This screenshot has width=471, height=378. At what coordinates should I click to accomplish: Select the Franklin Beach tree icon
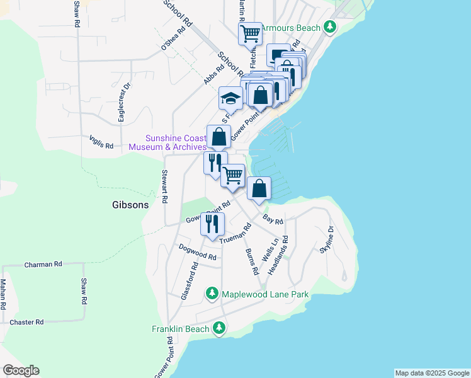[219, 328]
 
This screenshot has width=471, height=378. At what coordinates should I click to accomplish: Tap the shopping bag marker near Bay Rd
[259, 188]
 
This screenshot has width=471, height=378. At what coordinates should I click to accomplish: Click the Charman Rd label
[43, 265]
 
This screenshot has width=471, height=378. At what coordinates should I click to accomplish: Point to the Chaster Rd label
[26, 322]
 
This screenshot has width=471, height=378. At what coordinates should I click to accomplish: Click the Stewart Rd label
[164, 186]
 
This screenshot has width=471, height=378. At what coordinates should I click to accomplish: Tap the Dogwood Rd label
[198, 252]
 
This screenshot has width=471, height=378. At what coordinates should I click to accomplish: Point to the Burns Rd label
[253, 261]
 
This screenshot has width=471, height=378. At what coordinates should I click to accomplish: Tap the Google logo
[21, 370]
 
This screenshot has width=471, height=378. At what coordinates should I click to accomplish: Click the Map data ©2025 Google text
[432, 373]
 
